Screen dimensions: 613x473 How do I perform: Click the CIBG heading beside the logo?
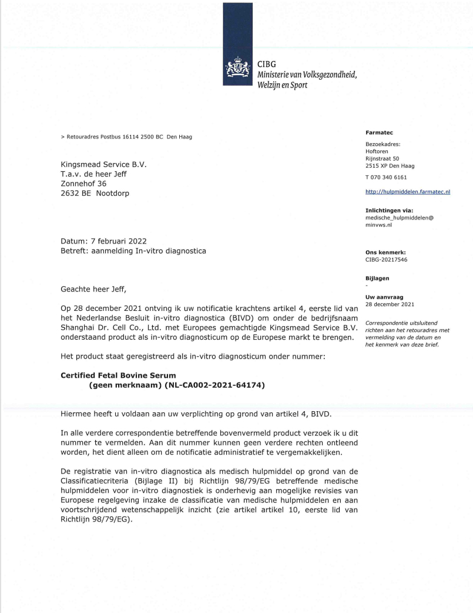pos(267,64)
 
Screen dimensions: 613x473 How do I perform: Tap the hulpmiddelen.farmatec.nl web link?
pos(408,191)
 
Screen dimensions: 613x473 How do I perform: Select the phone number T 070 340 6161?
pos(386,177)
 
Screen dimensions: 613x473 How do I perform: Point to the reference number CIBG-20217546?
pos(386,259)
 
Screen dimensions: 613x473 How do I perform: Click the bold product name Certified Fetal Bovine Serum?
pos(118,375)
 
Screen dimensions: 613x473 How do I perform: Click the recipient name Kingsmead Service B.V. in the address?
pos(103,164)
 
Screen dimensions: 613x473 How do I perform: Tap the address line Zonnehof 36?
pos(83,183)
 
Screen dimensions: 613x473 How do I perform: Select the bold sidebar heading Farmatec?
pos(377,133)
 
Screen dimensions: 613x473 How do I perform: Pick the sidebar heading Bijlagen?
pos(377,279)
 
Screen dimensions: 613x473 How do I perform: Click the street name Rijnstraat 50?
pos(382,158)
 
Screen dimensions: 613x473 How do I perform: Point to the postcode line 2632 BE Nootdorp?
pos(95,193)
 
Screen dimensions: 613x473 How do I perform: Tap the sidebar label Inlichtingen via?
pos(389,210)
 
